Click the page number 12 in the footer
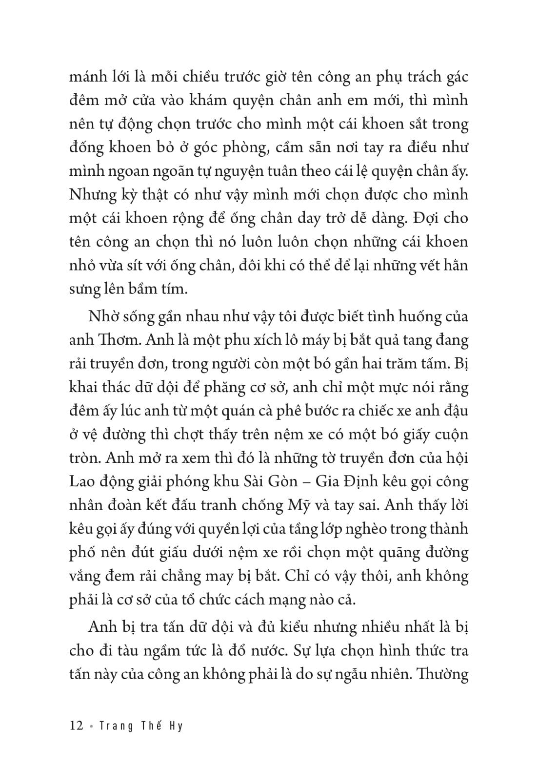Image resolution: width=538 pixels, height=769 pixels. coord(77,726)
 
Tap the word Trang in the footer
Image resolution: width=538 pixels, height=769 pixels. coord(116,726)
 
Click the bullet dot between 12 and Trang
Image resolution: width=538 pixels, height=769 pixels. coord(91,726)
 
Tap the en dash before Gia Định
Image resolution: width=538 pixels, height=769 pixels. coord(308,482)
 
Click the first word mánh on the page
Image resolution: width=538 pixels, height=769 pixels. coord(85,77)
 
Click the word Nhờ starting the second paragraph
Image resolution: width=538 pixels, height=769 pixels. coord(104,316)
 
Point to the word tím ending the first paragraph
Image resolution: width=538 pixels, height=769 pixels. coord(174,289)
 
